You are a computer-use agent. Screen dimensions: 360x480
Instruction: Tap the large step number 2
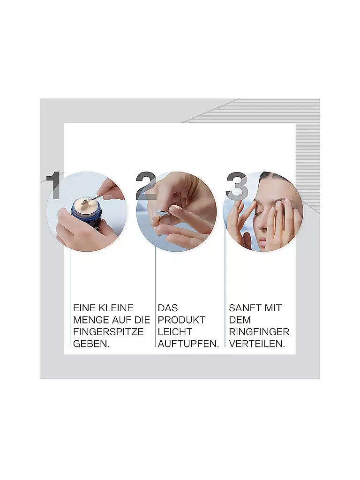pos(146,186)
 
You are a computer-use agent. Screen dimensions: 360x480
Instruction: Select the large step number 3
pos(236,186)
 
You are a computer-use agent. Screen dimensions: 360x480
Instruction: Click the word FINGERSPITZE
pos(108,332)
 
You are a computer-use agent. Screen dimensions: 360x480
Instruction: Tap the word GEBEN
pos(91,344)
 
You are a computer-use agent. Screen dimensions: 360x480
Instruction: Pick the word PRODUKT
pos(181,320)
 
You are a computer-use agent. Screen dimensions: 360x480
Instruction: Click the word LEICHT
pos(175,332)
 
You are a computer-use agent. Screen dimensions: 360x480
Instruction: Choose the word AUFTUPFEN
pos(188,344)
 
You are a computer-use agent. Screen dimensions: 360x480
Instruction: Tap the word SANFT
pos(245,308)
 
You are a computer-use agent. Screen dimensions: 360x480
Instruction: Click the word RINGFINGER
pos(259,332)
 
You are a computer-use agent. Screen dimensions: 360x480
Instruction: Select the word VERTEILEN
pos(257,344)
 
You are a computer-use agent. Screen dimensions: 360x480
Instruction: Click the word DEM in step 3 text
pos(240,320)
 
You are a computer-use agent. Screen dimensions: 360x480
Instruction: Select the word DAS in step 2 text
pos(168,308)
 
